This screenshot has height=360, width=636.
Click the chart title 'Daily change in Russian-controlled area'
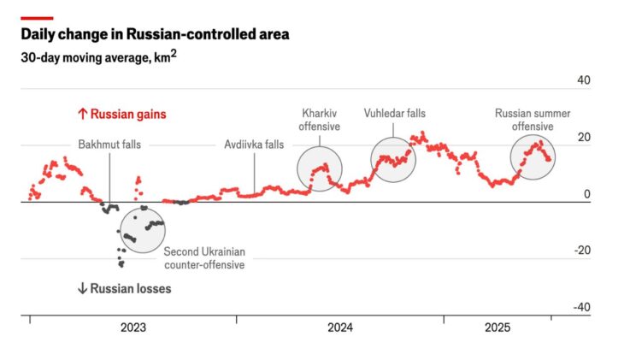(155, 35)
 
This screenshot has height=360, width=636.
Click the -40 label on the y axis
(581, 307)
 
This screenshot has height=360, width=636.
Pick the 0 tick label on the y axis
(587, 194)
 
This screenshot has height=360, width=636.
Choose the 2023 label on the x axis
(132, 328)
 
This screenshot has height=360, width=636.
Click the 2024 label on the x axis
(339, 328)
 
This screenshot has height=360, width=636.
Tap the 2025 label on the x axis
(498, 328)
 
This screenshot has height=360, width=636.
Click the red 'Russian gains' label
(121, 114)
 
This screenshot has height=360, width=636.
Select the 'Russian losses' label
(124, 289)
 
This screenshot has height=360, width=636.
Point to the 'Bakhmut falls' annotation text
(109, 145)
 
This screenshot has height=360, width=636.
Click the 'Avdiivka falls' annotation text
(254, 145)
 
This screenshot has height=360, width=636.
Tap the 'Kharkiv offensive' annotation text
(320, 120)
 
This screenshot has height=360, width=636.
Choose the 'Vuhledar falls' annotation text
(394, 113)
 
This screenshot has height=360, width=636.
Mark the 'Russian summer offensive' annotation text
(533, 120)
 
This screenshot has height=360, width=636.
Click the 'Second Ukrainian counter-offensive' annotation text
(204, 258)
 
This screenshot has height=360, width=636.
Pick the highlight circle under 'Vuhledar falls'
(393, 159)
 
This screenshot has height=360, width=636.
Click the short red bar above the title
(37, 17)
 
